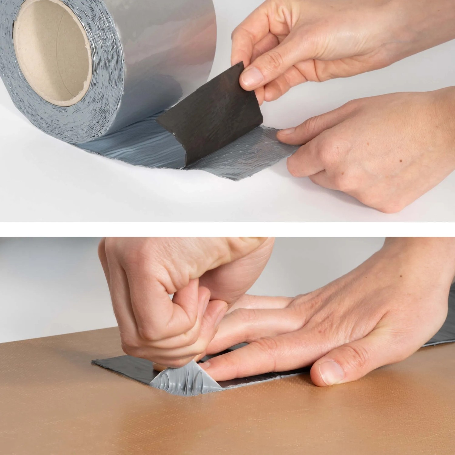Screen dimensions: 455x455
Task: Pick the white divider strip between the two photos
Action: pos(227,229)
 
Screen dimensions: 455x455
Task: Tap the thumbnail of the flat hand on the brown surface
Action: pos(331,372)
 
